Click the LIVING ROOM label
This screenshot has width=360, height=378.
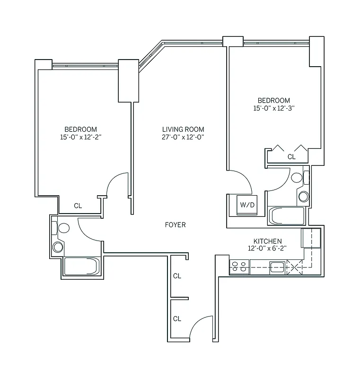183,129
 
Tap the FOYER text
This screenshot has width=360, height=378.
175,225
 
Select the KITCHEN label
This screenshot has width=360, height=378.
268,241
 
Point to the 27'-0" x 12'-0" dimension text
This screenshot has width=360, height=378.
183,137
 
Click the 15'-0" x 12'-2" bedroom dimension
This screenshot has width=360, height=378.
81,137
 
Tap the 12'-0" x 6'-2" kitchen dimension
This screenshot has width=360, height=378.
268,249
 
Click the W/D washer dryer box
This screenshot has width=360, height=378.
247,205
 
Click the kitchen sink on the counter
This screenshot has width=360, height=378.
277,268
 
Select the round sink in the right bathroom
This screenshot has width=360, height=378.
303,196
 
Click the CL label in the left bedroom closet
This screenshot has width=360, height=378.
79,206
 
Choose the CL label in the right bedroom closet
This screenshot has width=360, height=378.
291,157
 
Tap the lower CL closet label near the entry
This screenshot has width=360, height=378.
177,319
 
